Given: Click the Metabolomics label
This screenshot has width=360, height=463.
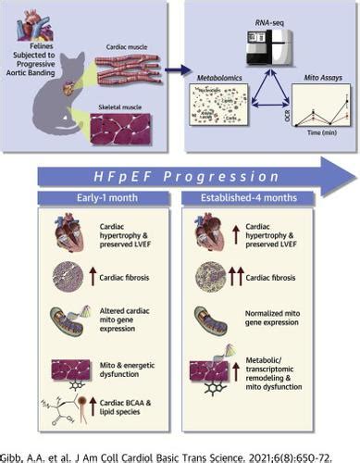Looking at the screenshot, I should (214, 81).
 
